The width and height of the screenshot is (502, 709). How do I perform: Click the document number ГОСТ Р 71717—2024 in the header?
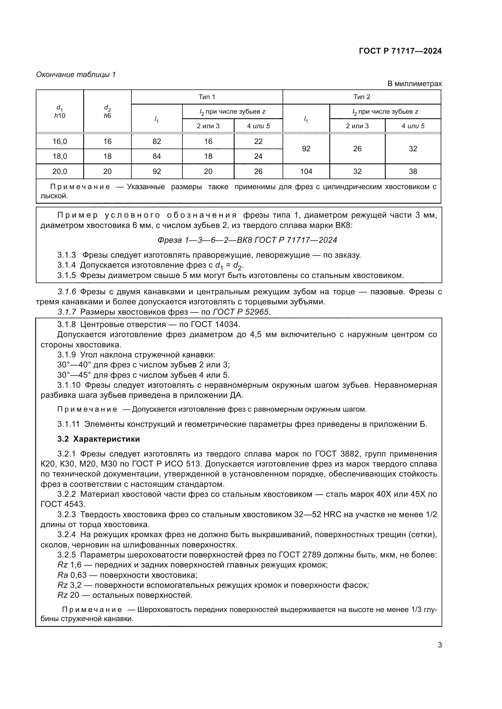[x=400, y=51]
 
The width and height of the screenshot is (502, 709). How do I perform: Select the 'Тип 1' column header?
[x=206, y=97]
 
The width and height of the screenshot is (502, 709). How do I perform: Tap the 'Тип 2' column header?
[x=361, y=97]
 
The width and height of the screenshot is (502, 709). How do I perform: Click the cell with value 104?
[x=306, y=171]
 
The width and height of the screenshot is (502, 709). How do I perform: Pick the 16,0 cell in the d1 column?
[x=60, y=142]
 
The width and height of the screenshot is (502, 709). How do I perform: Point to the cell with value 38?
[x=413, y=171]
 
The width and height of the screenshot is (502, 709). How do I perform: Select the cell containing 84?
[x=157, y=156]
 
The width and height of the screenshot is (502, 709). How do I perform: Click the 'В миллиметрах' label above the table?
[x=414, y=84]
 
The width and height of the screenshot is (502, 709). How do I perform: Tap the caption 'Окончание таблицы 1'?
[x=76, y=75]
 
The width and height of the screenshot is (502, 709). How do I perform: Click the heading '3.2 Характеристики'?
[x=98, y=439]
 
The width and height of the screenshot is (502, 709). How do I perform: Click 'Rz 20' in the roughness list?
[x=68, y=595]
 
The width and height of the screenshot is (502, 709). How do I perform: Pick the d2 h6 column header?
[x=107, y=112]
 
